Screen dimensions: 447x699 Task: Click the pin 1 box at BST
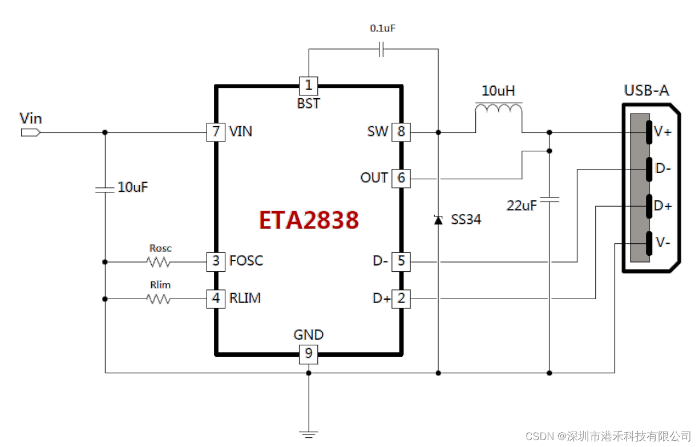309,86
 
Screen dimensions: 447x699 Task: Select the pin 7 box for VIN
215,132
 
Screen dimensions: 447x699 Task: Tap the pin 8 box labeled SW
401,132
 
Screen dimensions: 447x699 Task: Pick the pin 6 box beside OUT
401,178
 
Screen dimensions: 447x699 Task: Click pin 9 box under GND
309,354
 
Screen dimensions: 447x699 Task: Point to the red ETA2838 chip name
309,220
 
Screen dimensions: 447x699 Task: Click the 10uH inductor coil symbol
498,110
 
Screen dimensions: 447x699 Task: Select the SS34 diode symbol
438,219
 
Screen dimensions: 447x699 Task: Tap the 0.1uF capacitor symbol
382,50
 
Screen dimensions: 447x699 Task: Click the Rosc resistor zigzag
159,262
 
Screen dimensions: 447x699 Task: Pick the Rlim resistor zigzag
159,299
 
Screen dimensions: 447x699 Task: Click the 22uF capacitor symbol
549,200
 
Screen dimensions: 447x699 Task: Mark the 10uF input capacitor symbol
105,188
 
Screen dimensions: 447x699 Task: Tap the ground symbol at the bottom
309,434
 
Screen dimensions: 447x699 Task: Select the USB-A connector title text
646,90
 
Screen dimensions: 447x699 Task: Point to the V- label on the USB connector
662,243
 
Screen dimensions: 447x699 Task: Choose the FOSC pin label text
246,261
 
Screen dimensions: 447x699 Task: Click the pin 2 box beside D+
401,298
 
